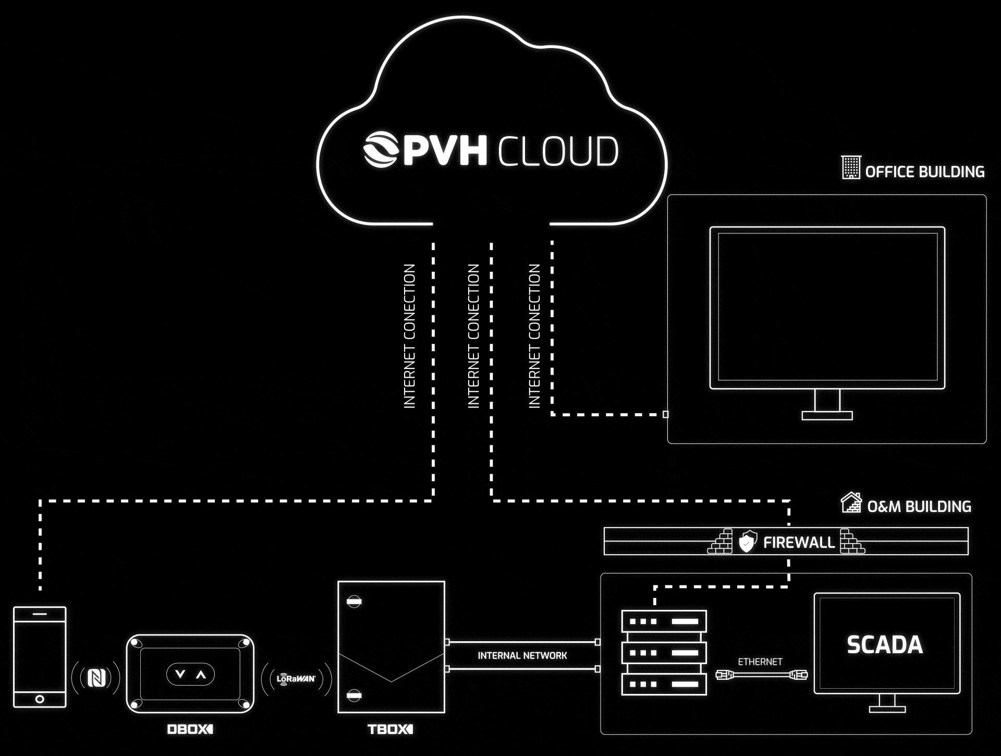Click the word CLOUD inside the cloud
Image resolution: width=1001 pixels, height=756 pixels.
558,151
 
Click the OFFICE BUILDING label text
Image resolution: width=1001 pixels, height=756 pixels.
924,172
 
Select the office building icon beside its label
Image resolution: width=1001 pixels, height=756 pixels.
851,167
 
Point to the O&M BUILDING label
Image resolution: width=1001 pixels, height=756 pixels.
919,507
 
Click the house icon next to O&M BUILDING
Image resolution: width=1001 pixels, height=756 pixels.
851,503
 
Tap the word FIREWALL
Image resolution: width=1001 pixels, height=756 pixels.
799,543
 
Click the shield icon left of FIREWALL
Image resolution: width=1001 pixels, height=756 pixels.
748,542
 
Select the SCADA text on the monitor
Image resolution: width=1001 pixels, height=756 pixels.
885,645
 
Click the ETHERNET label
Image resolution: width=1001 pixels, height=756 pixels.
760,662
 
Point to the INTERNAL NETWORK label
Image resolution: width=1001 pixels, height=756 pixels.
522,656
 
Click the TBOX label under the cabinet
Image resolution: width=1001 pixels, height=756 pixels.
390,729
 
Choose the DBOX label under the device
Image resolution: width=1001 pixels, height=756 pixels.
190,729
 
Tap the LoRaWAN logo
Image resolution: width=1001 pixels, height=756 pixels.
296,678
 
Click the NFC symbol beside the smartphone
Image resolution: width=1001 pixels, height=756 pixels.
96,678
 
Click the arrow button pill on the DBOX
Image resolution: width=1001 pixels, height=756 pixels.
190,675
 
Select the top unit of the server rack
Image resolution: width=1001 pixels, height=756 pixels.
664,621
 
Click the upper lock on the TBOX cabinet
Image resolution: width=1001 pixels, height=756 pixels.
354,602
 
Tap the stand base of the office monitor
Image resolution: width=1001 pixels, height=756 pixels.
827,416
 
